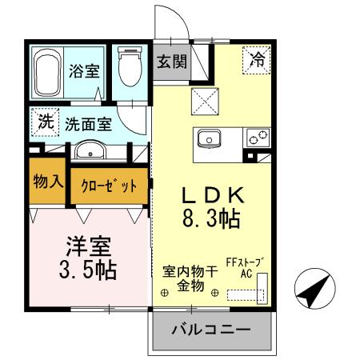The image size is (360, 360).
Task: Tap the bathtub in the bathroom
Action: pos(48,71)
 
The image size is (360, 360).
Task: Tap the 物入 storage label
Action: pos(48,182)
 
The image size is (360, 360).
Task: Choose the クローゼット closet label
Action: pos(110,185)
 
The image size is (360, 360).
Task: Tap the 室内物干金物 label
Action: pos(190,278)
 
